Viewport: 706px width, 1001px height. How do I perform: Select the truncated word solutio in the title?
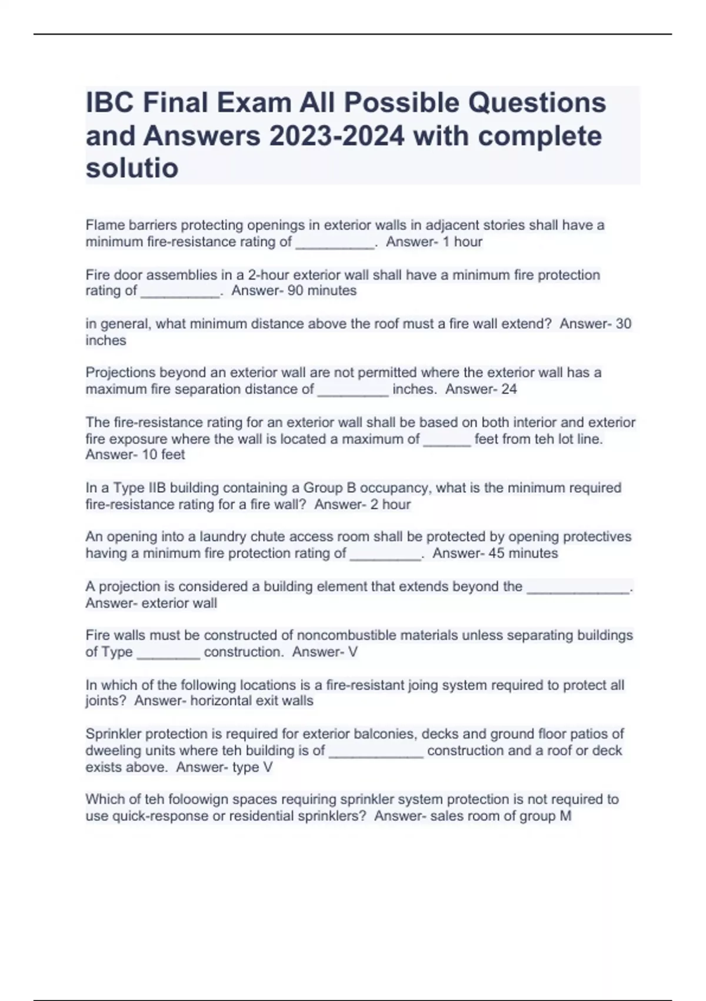(132, 168)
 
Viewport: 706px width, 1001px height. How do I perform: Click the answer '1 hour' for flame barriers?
(458, 241)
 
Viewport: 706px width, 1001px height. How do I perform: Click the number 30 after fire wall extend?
(623, 324)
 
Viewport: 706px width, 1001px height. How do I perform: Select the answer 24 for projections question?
(509, 389)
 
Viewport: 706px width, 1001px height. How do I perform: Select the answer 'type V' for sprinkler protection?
(245, 767)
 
